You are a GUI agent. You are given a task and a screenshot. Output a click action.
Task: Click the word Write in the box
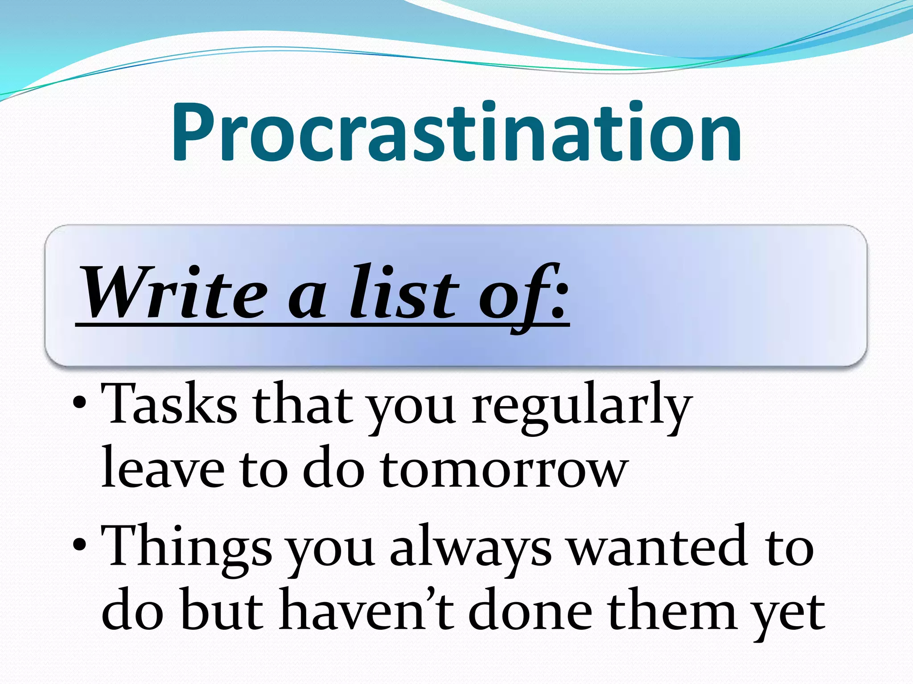point(174,293)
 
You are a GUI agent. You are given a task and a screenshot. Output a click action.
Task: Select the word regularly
point(582,407)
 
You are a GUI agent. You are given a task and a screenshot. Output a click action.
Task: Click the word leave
point(163,468)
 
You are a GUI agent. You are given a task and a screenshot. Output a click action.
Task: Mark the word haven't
point(366,610)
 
